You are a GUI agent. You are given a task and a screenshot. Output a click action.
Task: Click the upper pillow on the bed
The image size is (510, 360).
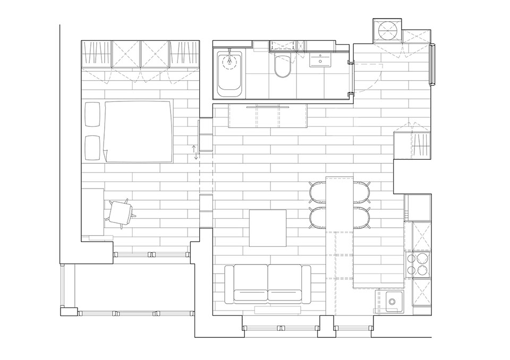tap(92, 114)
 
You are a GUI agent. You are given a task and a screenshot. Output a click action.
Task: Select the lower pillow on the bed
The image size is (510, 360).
tap(92, 148)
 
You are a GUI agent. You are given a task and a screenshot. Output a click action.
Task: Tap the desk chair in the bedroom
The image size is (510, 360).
tap(121, 213)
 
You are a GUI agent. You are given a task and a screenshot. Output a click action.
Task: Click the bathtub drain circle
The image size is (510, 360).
tap(229, 62)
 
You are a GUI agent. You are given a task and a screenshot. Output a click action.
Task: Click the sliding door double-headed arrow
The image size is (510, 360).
tap(195, 152)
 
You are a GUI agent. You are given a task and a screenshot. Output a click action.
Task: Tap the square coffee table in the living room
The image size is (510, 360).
tap(268, 228)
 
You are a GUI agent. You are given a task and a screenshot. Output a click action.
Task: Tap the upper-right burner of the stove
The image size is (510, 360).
tap(423, 259)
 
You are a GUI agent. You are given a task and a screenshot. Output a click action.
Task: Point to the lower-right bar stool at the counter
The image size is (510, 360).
tap(362, 218)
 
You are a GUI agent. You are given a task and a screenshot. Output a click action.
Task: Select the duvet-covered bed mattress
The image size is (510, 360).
tap(138, 131)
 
